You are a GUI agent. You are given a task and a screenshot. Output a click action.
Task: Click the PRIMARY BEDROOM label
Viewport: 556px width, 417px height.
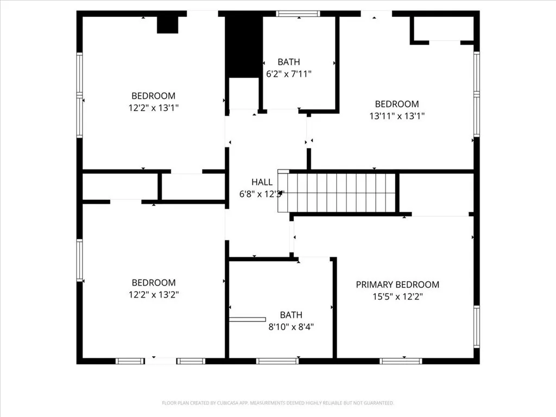pos(397,285)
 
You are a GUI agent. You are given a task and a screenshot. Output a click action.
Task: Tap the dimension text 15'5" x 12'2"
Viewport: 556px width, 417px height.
pos(397,296)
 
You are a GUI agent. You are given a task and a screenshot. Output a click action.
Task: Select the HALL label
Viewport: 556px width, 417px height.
pos(262,182)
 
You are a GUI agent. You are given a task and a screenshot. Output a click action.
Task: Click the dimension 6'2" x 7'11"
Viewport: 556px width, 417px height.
pos(289,74)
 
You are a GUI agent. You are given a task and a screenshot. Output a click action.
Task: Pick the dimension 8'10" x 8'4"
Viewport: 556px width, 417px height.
pos(291,326)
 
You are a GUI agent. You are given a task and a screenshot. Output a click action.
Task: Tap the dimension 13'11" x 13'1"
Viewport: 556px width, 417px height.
pos(397,116)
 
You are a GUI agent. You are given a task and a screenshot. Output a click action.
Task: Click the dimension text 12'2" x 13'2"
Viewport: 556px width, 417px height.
pos(154,294)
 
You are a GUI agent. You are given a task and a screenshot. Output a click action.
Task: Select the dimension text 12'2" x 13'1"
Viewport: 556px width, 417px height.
pos(154,108)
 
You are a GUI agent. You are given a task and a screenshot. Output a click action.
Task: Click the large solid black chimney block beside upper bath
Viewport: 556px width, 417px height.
pos(244,47)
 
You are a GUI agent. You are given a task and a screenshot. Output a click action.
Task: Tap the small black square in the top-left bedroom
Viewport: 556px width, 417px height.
pos(167,25)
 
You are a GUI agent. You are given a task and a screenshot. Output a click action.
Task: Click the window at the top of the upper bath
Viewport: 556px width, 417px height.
pos(298,14)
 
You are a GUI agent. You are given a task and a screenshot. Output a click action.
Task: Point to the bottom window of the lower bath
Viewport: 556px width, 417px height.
pos(277,361)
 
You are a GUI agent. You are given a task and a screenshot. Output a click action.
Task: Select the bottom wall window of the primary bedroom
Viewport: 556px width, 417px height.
pos(401,361)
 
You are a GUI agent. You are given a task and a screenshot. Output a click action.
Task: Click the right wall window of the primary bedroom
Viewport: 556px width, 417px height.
pos(477,326)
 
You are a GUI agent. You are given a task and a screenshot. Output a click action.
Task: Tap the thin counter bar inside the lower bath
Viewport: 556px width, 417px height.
pos(248,319)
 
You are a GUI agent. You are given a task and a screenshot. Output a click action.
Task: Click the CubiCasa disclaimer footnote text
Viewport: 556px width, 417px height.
pos(278,403)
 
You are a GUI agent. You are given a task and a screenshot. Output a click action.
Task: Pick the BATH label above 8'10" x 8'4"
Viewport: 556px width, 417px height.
pos(291,315)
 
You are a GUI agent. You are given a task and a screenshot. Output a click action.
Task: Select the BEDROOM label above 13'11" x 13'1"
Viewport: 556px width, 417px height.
pos(397,104)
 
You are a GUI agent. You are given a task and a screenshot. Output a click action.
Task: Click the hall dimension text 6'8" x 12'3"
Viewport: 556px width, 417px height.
pos(262,194)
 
